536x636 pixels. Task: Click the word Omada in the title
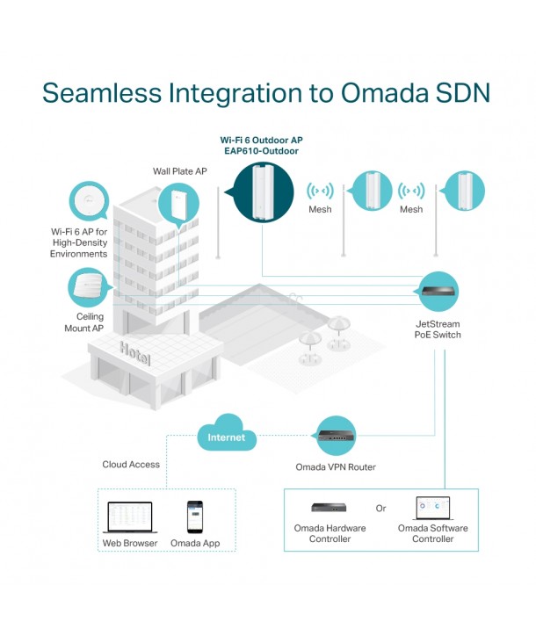tap(383, 94)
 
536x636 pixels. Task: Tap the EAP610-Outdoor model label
tap(261, 151)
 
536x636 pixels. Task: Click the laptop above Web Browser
tap(129, 518)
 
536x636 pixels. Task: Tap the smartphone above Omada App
tap(194, 517)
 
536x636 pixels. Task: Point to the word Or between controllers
tap(380, 509)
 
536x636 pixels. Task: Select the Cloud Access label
tap(131, 465)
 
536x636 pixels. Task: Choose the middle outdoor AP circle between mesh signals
tap(371, 192)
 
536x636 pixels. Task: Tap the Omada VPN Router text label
tap(336, 467)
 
